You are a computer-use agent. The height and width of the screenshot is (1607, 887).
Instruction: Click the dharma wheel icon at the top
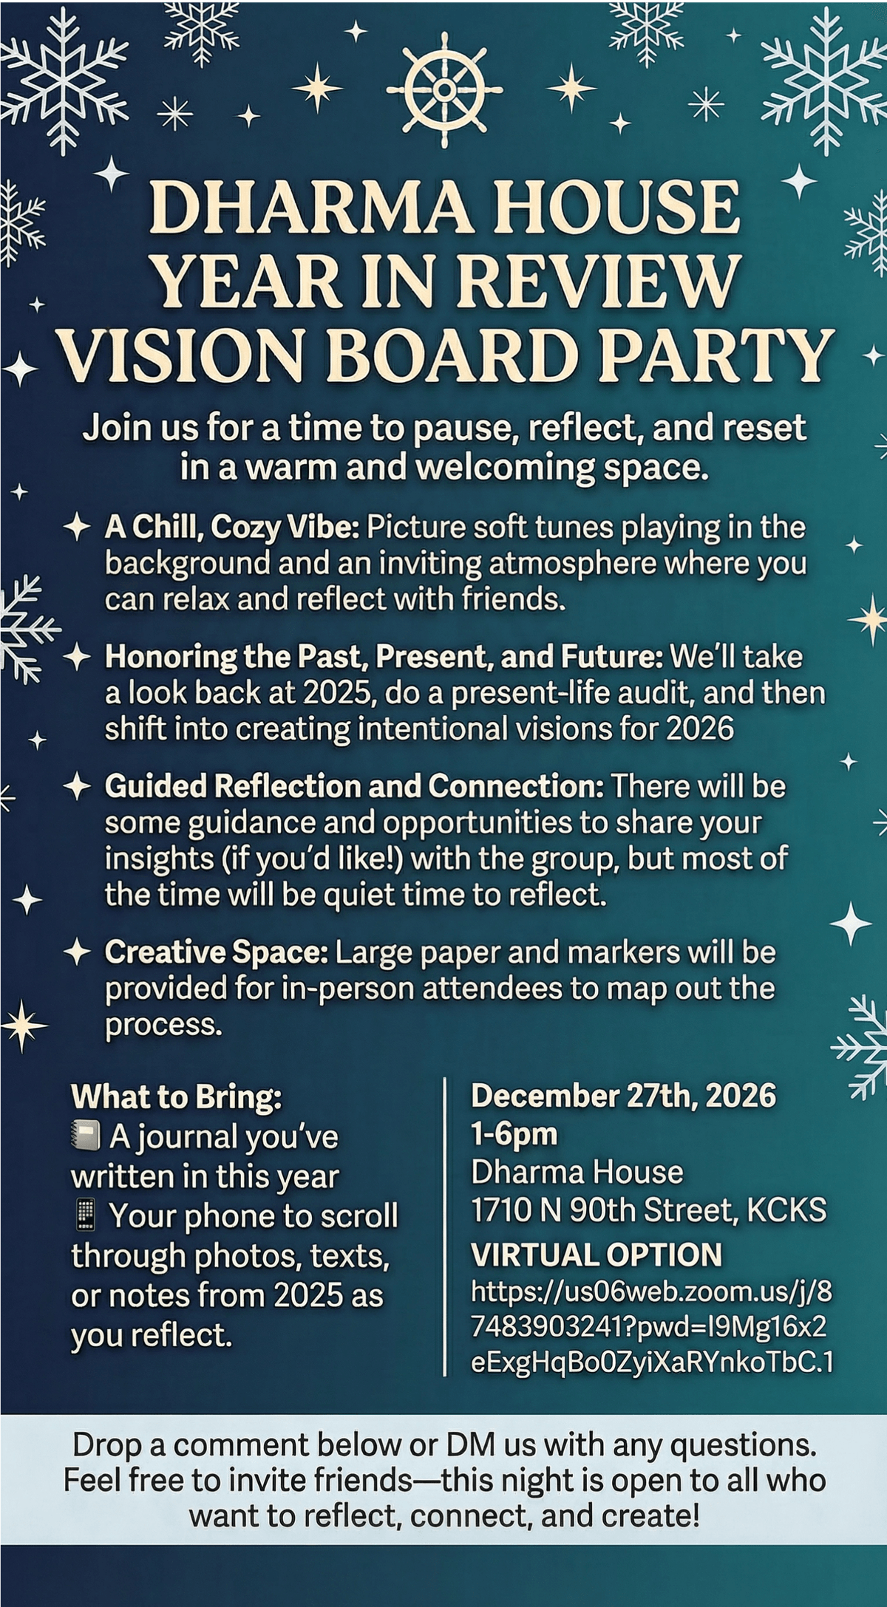[x=444, y=89]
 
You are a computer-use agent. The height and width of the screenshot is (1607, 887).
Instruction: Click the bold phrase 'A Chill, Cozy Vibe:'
[x=232, y=528]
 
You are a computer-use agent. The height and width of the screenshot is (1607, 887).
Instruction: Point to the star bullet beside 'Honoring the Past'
[x=78, y=657]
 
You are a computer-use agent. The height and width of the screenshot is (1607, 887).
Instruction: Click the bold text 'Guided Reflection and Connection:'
[x=354, y=786]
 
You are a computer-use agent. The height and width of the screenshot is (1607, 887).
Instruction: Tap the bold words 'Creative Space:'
[x=216, y=952]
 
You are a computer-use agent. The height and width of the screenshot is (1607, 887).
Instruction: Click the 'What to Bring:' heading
[x=176, y=1096]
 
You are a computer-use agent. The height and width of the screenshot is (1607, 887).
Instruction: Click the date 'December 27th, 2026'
[x=623, y=1095]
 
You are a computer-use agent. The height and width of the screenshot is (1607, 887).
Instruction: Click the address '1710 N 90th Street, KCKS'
[x=648, y=1210]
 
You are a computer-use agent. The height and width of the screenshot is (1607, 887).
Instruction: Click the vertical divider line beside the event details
[x=445, y=1226]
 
